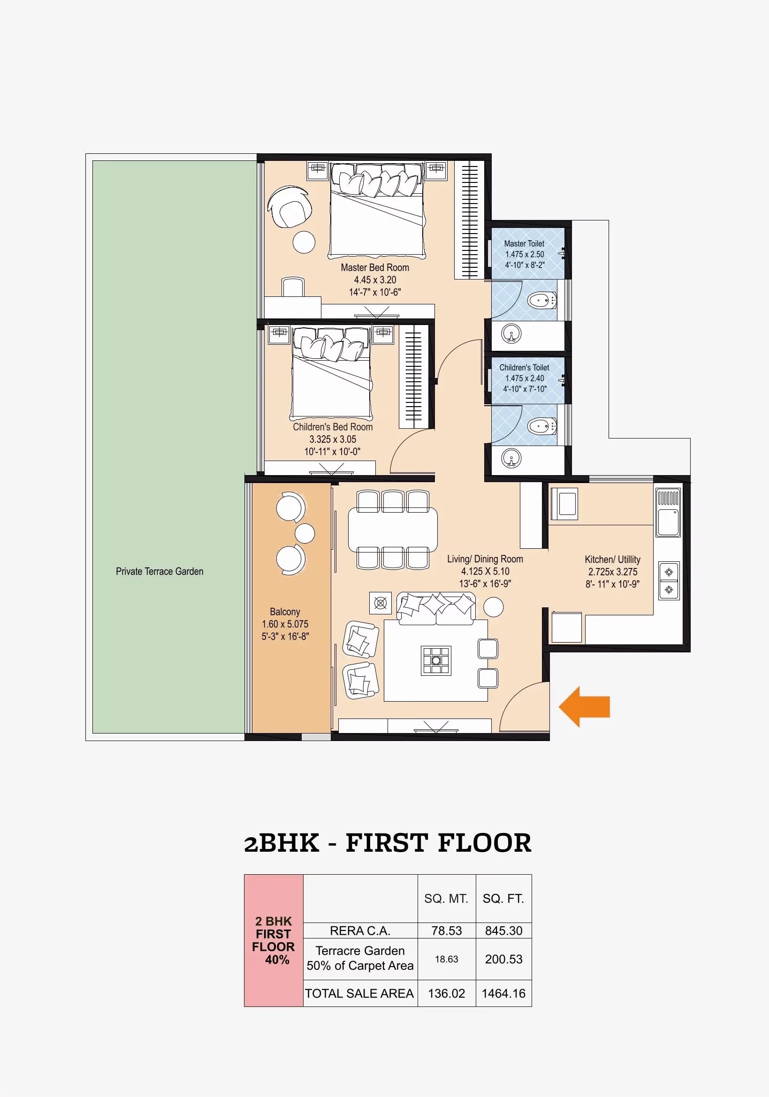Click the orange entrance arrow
pyautogui.click(x=584, y=707)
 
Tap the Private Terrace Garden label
pyautogui.click(x=159, y=571)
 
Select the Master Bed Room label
pyautogui.click(x=375, y=267)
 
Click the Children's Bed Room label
pyautogui.click(x=333, y=427)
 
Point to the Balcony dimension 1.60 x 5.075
pyautogui.click(x=285, y=624)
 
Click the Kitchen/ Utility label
pyautogui.click(x=612, y=560)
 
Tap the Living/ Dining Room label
pyautogui.click(x=485, y=559)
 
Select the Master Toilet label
pyautogui.click(x=524, y=244)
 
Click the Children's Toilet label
pyautogui.click(x=524, y=367)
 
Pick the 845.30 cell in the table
pyautogui.click(x=503, y=931)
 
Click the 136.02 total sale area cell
pyautogui.click(x=446, y=993)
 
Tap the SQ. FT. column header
pyautogui.click(x=503, y=899)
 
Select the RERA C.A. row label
pyautogui.click(x=360, y=931)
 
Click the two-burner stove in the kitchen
pyautogui.click(x=669, y=581)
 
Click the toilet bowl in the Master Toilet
pyautogui.click(x=541, y=301)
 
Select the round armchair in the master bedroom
pyautogui.click(x=290, y=207)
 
